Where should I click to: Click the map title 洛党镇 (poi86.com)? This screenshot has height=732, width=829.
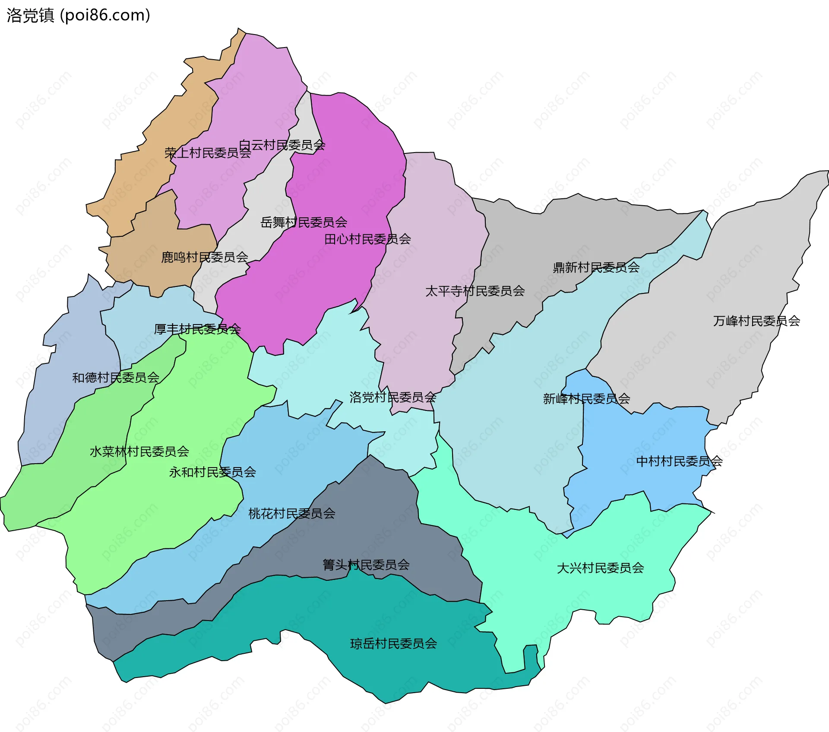pyautogui.click(x=78, y=16)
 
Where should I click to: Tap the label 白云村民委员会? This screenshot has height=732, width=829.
pyautogui.click(x=282, y=145)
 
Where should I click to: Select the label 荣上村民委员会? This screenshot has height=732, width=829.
pyautogui.click(x=208, y=153)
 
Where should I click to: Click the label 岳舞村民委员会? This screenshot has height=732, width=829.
pyautogui.click(x=304, y=223)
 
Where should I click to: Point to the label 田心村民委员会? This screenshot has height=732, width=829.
pyautogui.click(x=367, y=239)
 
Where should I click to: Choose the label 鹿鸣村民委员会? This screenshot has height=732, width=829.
pyautogui.click(x=205, y=258)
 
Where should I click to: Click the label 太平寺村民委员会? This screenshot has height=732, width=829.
pyautogui.click(x=475, y=291)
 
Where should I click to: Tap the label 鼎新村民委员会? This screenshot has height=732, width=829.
pyautogui.click(x=596, y=267)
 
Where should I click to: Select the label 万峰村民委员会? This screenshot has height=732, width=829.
pyautogui.click(x=756, y=321)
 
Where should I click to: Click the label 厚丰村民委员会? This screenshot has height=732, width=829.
pyautogui.click(x=197, y=329)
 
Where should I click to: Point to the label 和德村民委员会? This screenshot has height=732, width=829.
pyautogui.click(x=116, y=378)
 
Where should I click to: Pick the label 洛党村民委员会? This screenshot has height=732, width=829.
pyautogui.click(x=392, y=397)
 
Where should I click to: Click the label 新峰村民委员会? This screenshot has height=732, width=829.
pyautogui.click(x=586, y=399)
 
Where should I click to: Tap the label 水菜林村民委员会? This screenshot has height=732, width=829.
pyautogui.click(x=139, y=452)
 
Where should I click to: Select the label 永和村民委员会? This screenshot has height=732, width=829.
pyautogui.click(x=212, y=472)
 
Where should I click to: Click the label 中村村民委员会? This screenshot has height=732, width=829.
pyautogui.click(x=679, y=461)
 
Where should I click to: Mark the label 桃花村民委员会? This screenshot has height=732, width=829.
pyautogui.click(x=292, y=514)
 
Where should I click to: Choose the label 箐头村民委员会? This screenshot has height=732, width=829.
pyautogui.click(x=366, y=565)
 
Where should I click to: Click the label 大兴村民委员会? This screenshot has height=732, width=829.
pyautogui.click(x=600, y=568)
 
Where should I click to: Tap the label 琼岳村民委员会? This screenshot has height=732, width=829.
pyautogui.click(x=393, y=644)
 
